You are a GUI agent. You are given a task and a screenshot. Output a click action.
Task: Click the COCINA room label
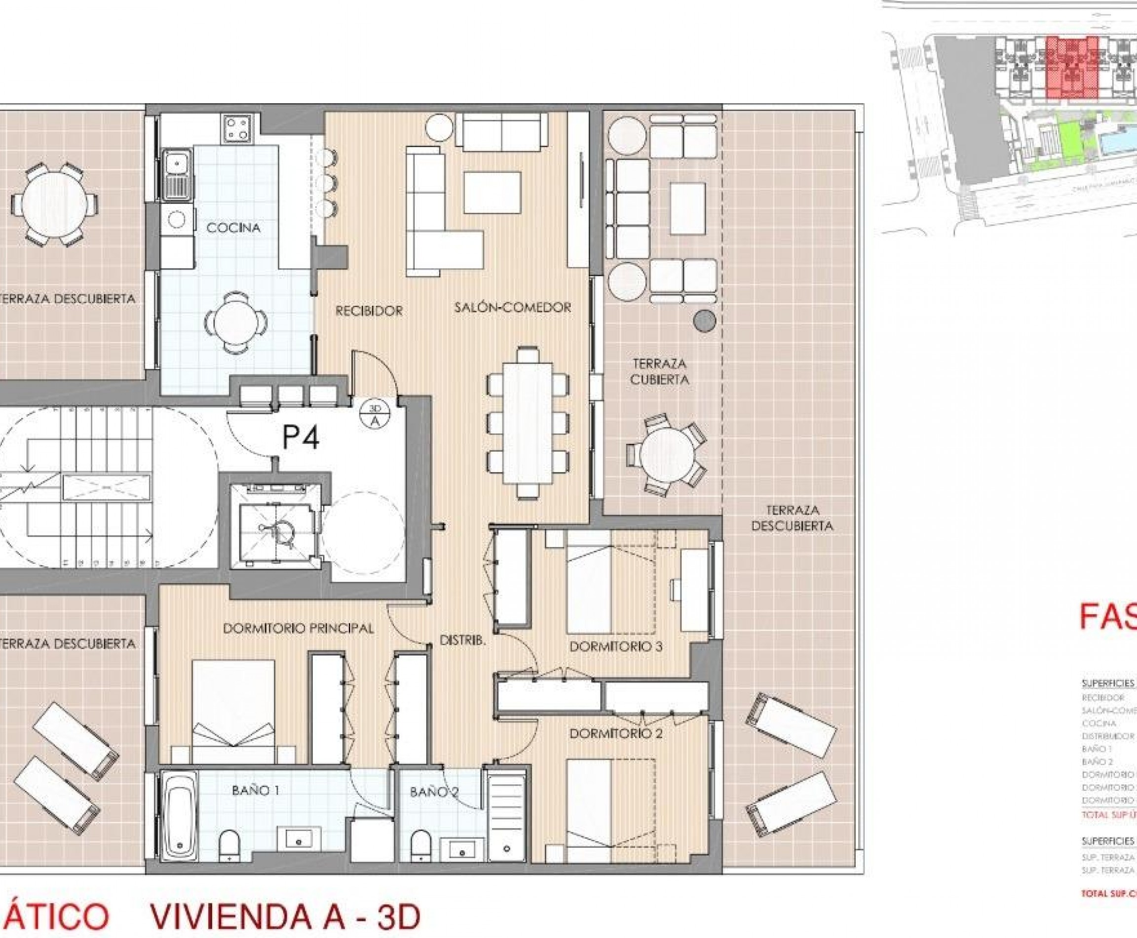click(233, 228)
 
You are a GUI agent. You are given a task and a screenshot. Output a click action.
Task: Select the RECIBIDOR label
click(369, 311)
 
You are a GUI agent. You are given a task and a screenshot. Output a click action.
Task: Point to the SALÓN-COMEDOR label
click(513, 308)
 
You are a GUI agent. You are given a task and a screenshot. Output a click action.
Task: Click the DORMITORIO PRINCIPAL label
click(298, 628)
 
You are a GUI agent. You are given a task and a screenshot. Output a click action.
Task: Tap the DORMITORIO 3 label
click(616, 647)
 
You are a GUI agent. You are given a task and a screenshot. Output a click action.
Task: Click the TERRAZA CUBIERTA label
click(659, 372)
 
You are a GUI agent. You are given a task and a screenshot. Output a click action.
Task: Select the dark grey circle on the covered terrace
click(704, 321)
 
